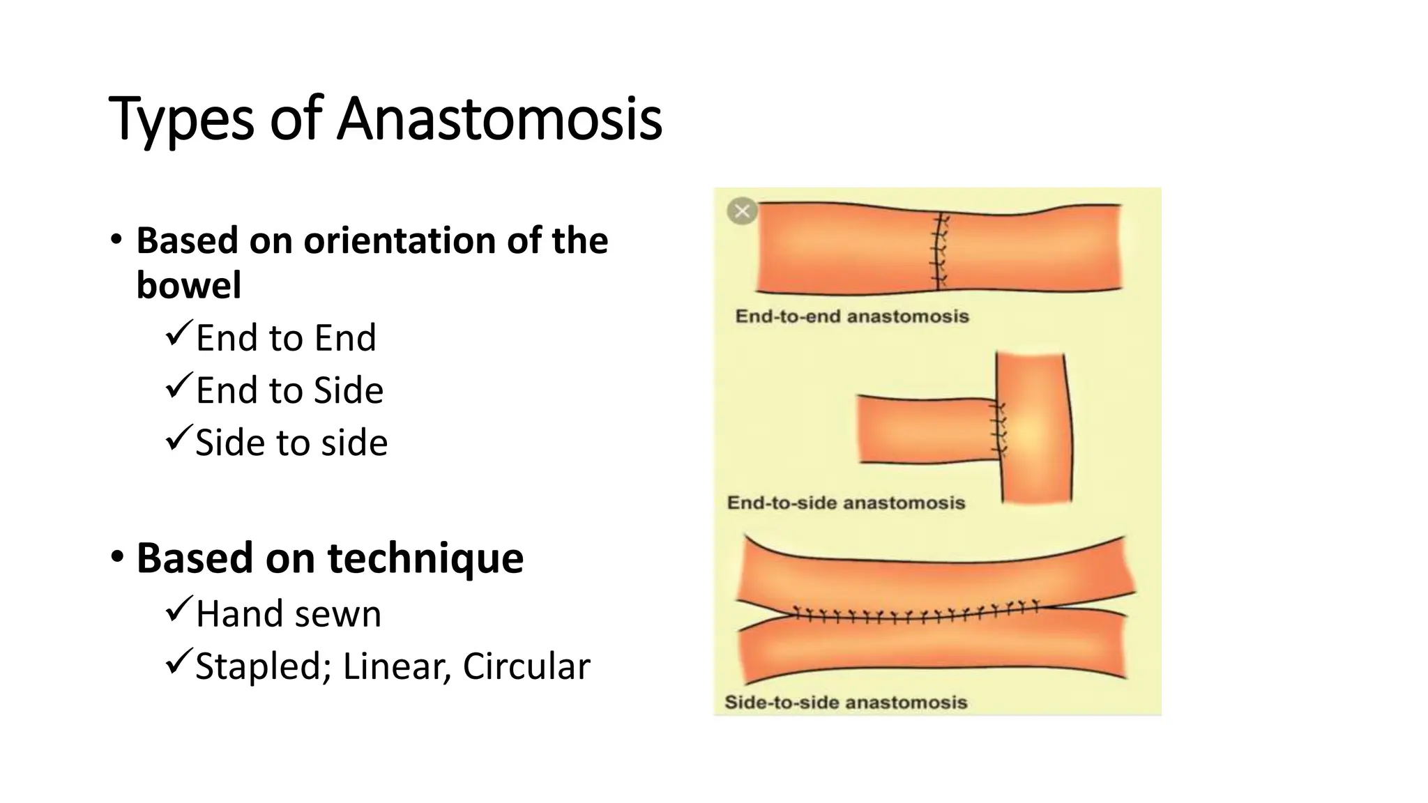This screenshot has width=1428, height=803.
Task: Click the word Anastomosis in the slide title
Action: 499,118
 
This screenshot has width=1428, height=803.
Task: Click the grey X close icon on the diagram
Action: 742,211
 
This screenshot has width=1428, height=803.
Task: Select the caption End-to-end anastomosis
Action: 852,316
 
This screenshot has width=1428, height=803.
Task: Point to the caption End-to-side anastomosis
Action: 846,503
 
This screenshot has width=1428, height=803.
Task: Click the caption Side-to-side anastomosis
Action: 846,702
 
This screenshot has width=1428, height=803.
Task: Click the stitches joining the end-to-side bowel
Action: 1000,429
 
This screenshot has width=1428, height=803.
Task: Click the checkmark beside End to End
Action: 178,335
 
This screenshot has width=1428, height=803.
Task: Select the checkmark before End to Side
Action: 178,387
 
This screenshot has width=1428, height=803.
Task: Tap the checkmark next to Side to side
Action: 178,439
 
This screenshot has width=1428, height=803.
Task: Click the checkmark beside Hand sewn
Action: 178,611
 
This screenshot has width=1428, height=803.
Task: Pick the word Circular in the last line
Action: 526,666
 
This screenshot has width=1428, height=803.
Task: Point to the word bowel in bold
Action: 189,285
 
